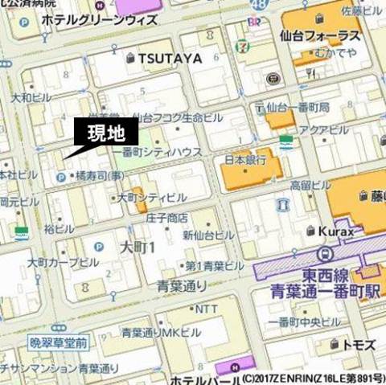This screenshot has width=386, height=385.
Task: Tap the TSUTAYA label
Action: point(169,58)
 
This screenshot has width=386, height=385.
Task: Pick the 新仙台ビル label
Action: point(208,235)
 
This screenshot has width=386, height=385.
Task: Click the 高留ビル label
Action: point(310,185)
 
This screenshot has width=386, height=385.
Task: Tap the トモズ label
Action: point(359,344)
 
